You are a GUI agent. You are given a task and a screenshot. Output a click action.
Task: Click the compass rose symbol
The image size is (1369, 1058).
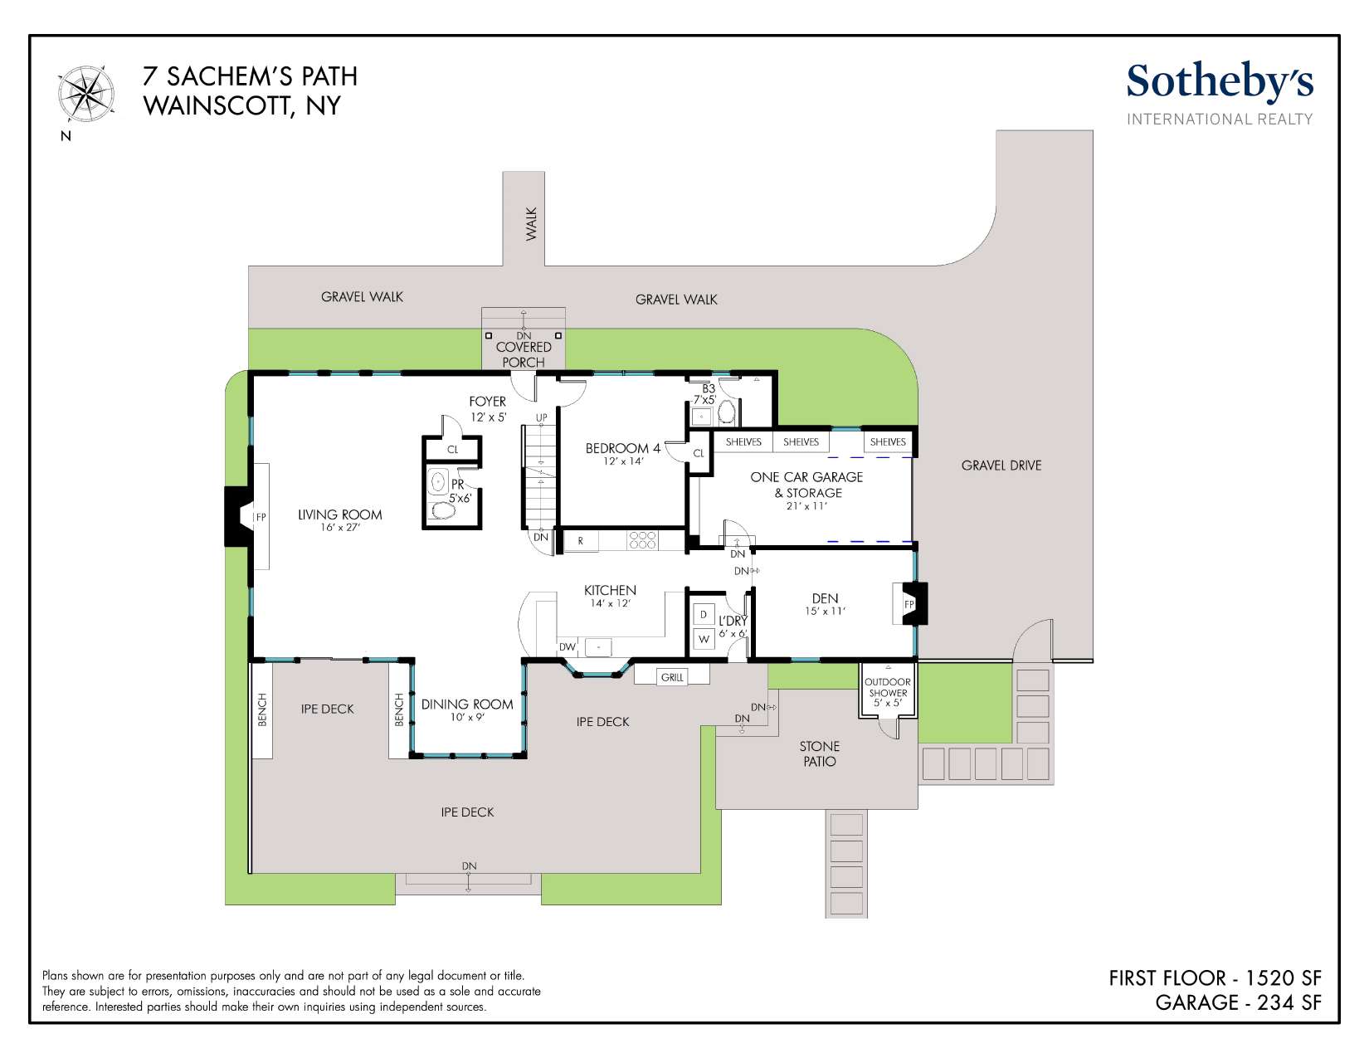point(86,95)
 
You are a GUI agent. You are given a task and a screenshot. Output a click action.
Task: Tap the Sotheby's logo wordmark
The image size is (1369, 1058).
point(1220,82)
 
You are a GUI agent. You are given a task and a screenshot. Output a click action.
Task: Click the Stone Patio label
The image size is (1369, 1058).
point(819,753)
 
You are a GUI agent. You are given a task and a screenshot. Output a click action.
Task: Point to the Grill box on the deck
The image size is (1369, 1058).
point(671,676)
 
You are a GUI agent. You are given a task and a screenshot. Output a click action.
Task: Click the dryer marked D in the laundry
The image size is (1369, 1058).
point(704,614)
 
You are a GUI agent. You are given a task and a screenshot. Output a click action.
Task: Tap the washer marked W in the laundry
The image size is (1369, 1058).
point(704,639)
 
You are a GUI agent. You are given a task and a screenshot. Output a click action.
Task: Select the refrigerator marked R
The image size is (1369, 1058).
point(580,541)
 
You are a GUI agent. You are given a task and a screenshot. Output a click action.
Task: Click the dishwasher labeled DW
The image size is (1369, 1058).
point(567,646)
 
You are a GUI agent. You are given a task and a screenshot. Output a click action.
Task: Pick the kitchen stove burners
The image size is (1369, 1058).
point(642,540)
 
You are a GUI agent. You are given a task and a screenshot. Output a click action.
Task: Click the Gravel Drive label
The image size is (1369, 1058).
point(1001,466)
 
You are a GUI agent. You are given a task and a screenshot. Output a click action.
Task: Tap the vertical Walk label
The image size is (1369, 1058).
point(531,224)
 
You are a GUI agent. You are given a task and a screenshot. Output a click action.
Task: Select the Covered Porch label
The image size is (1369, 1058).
point(524,354)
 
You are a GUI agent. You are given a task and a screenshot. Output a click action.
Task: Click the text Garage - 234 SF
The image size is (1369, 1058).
point(1238,1002)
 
